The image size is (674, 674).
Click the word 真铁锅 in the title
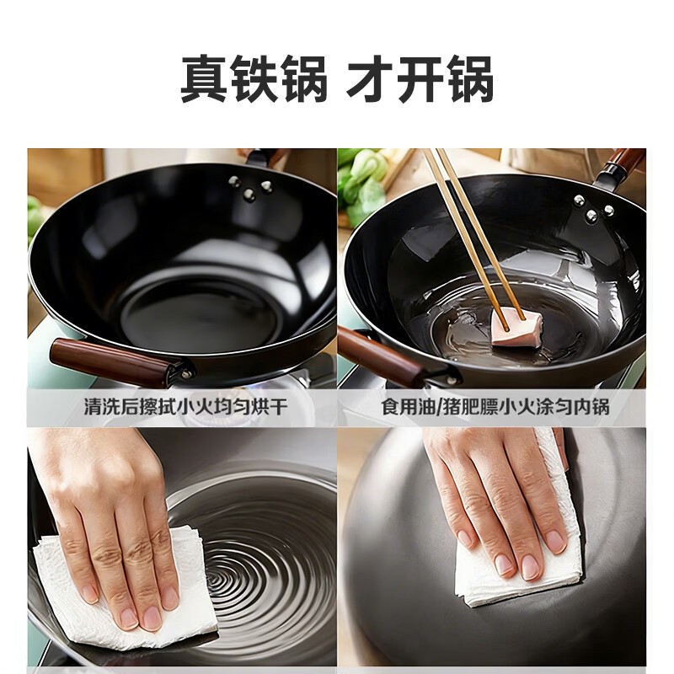(254, 81)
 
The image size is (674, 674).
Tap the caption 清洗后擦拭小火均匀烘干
(185, 408)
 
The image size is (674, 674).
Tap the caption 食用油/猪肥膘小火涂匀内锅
(495, 408)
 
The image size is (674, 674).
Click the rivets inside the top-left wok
(249, 189)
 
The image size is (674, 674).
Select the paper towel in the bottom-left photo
(126, 590)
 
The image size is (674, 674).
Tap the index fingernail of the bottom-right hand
(530, 566)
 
